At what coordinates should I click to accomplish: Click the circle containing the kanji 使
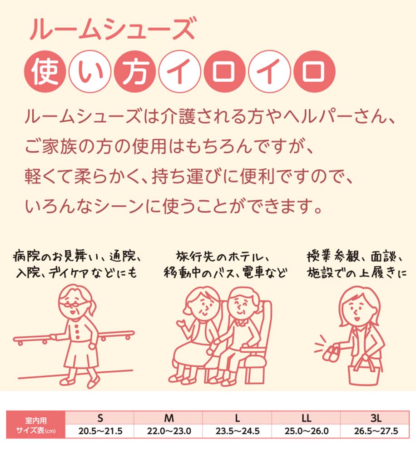coord(45,71)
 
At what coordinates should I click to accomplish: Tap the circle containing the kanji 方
coord(135,71)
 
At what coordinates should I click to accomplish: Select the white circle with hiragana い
coord(90,71)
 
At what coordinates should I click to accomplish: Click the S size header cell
coord(99,418)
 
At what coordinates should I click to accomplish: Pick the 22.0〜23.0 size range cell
coord(168,431)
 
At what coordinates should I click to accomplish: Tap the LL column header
coord(306,418)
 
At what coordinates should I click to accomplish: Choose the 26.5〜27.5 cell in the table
coord(376,431)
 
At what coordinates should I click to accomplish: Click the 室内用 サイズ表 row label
coord(36,425)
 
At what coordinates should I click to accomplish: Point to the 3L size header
coord(376,418)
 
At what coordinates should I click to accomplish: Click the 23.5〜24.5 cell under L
coord(237,431)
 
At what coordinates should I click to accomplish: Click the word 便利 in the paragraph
coord(257,177)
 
